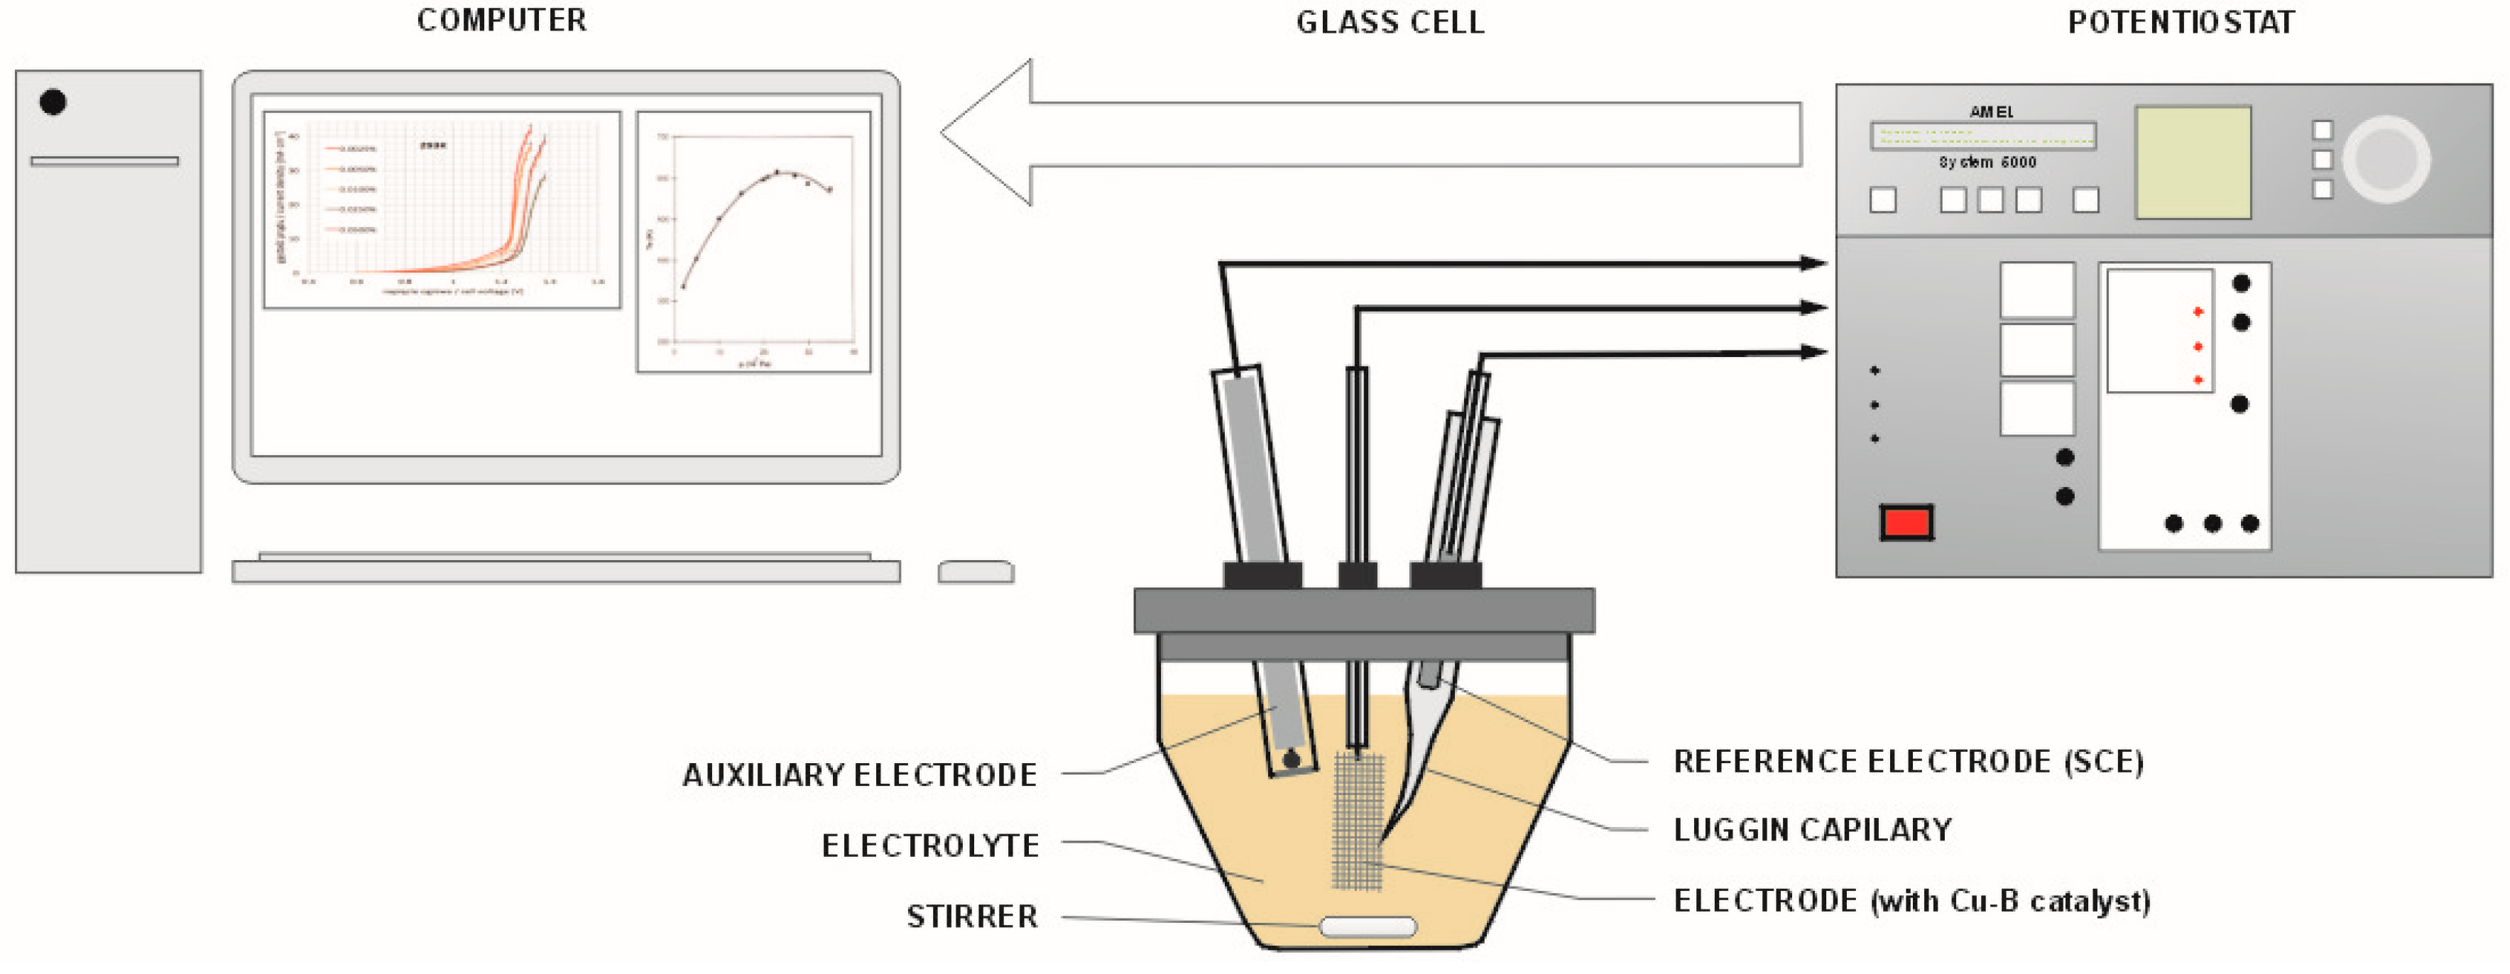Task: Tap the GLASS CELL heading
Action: click(x=1390, y=23)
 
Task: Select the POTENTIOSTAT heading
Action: click(x=2181, y=23)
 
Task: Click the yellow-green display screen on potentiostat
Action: click(x=2193, y=163)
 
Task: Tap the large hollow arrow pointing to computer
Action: click(x=1364, y=133)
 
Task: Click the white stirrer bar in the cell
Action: click(x=1367, y=926)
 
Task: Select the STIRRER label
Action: click(x=971, y=916)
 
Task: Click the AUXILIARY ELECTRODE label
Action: click(x=859, y=775)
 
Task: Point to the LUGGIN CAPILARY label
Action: click(x=1812, y=830)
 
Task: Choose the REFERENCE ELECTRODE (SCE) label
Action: click(x=1908, y=762)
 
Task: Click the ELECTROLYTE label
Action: click(x=929, y=846)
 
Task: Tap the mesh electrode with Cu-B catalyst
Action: click(x=1358, y=823)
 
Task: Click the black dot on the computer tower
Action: click(x=53, y=102)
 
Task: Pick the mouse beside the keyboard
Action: click(x=976, y=571)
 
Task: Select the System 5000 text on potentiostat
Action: click(x=1987, y=163)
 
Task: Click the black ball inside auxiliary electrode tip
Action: click(x=1291, y=759)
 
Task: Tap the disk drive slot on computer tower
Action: click(x=104, y=160)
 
